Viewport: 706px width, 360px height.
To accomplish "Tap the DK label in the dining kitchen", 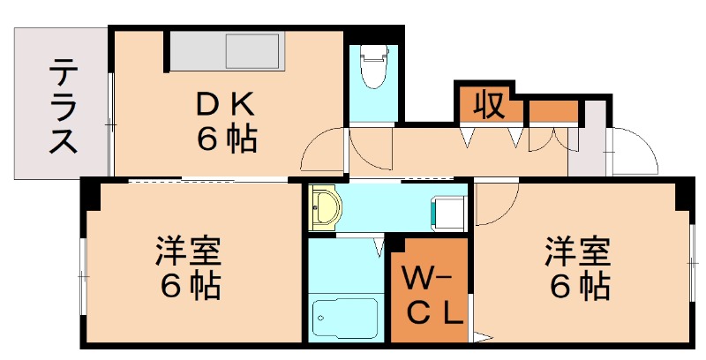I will click(x=225, y=106).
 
